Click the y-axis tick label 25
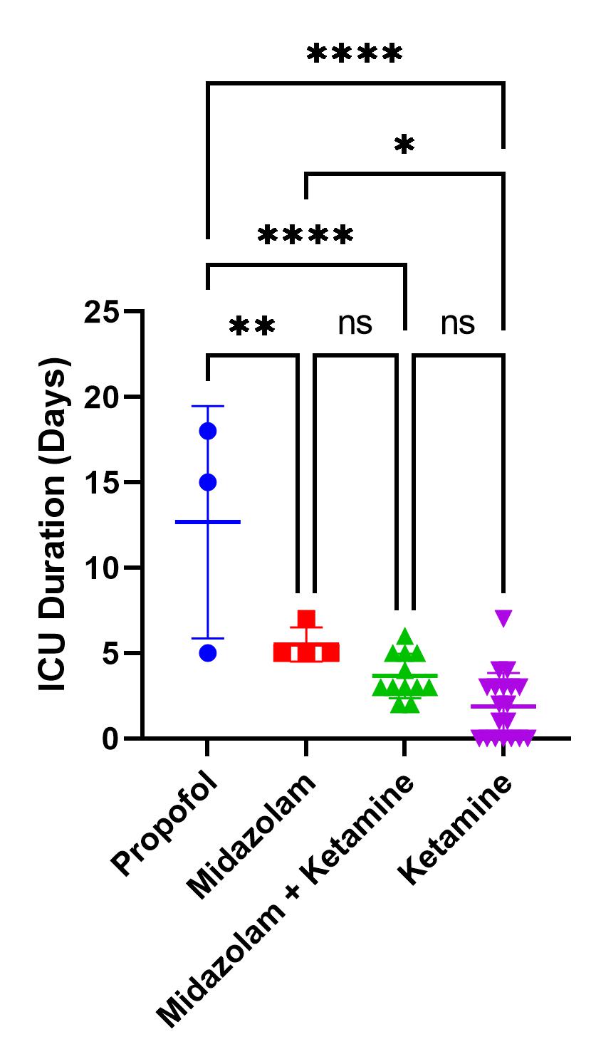coord(101,312)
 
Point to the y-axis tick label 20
coord(101,397)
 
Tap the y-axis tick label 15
coord(101,482)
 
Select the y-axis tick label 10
coord(101,568)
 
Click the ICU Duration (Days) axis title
coord(53,526)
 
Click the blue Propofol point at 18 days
coord(208,431)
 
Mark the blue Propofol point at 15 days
coord(208,482)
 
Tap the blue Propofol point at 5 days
coord(208,653)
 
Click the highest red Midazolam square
coord(306,618)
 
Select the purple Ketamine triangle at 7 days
coord(503,618)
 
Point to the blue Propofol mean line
coord(208,522)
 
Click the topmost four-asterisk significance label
coord(355,54)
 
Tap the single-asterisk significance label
coord(404,145)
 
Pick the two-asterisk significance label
coord(252,327)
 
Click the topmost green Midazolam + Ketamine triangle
coord(405,636)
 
